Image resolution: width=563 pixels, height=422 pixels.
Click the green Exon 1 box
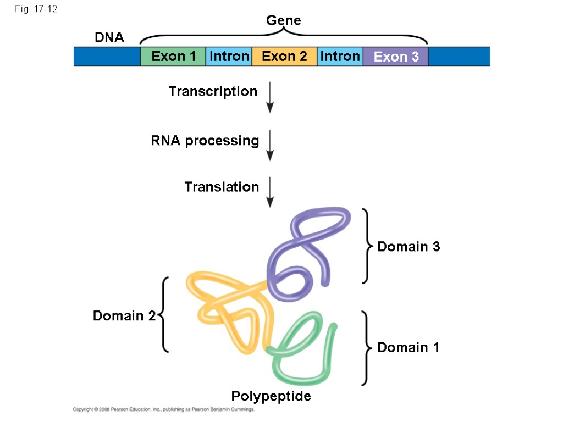click(x=173, y=57)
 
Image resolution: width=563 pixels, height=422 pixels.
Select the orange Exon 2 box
click(x=284, y=57)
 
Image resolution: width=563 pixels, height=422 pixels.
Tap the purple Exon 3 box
click(x=396, y=57)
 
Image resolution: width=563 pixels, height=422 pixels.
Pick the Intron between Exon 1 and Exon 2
click(x=229, y=57)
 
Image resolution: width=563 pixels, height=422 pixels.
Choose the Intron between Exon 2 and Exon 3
click(x=340, y=57)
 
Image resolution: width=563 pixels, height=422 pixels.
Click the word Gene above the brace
click(x=284, y=21)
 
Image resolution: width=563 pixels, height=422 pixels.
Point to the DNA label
click(x=109, y=38)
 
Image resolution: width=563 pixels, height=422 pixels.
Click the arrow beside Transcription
click(x=269, y=97)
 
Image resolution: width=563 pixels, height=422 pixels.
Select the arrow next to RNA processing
click(x=269, y=145)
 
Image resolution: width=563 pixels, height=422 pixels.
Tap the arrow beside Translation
click(x=269, y=192)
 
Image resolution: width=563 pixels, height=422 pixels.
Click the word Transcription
click(x=213, y=92)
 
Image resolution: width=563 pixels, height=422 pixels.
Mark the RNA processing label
click(x=205, y=141)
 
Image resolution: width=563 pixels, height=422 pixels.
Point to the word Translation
click(x=222, y=187)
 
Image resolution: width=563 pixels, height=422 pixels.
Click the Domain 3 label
click(x=409, y=247)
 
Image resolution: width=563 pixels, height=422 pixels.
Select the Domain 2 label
click(x=124, y=316)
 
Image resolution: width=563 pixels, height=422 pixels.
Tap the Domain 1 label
click(x=408, y=348)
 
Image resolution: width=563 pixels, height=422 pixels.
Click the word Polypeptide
click(x=271, y=396)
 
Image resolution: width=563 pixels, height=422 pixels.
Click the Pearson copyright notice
click(x=164, y=410)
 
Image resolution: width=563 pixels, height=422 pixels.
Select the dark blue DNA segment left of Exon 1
click(x=107, y=57)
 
